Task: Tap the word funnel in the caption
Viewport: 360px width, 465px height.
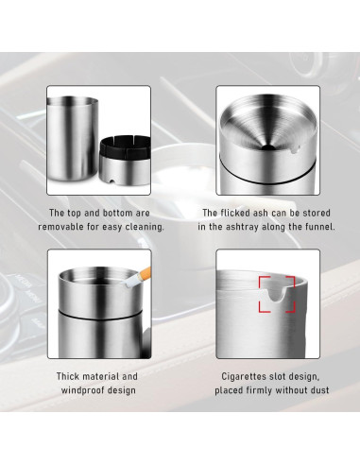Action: [303, 228]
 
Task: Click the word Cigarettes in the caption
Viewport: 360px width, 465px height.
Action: [233, 376]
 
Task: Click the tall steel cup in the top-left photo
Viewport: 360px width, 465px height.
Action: [73, 136]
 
